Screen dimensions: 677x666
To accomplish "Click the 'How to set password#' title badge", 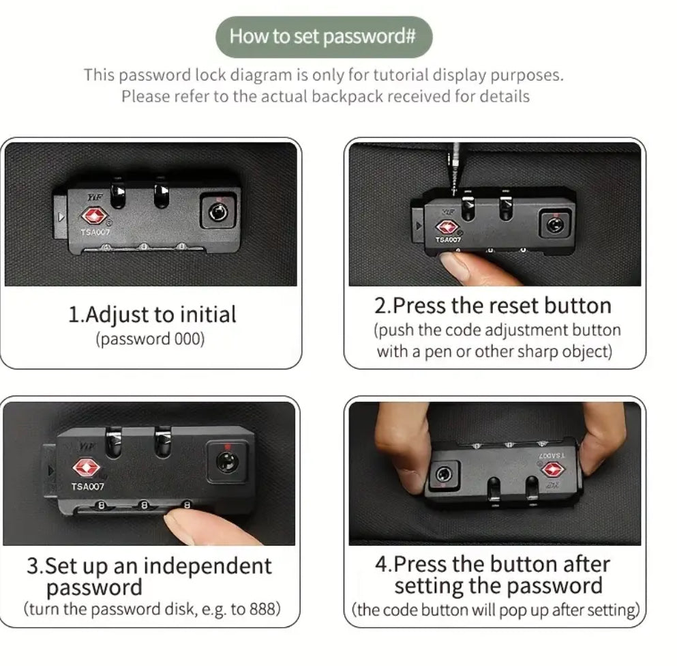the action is tap(324, 37).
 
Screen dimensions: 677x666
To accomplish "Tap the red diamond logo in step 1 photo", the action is tap(93, 216).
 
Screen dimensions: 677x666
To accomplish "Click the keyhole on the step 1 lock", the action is tap(218, 212).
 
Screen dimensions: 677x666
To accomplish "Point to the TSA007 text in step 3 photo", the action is tap(88, 487).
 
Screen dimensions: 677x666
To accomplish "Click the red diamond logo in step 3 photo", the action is tap(87, 467).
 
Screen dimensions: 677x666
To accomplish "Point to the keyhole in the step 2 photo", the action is tap(555, 225).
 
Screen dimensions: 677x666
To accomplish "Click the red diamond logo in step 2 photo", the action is tap(447, 227).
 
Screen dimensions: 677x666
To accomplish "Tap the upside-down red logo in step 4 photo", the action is tap(553, 469).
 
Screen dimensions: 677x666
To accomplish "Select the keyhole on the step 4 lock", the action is tap(443, 475).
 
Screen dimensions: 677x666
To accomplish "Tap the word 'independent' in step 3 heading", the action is tap(208, 566).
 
